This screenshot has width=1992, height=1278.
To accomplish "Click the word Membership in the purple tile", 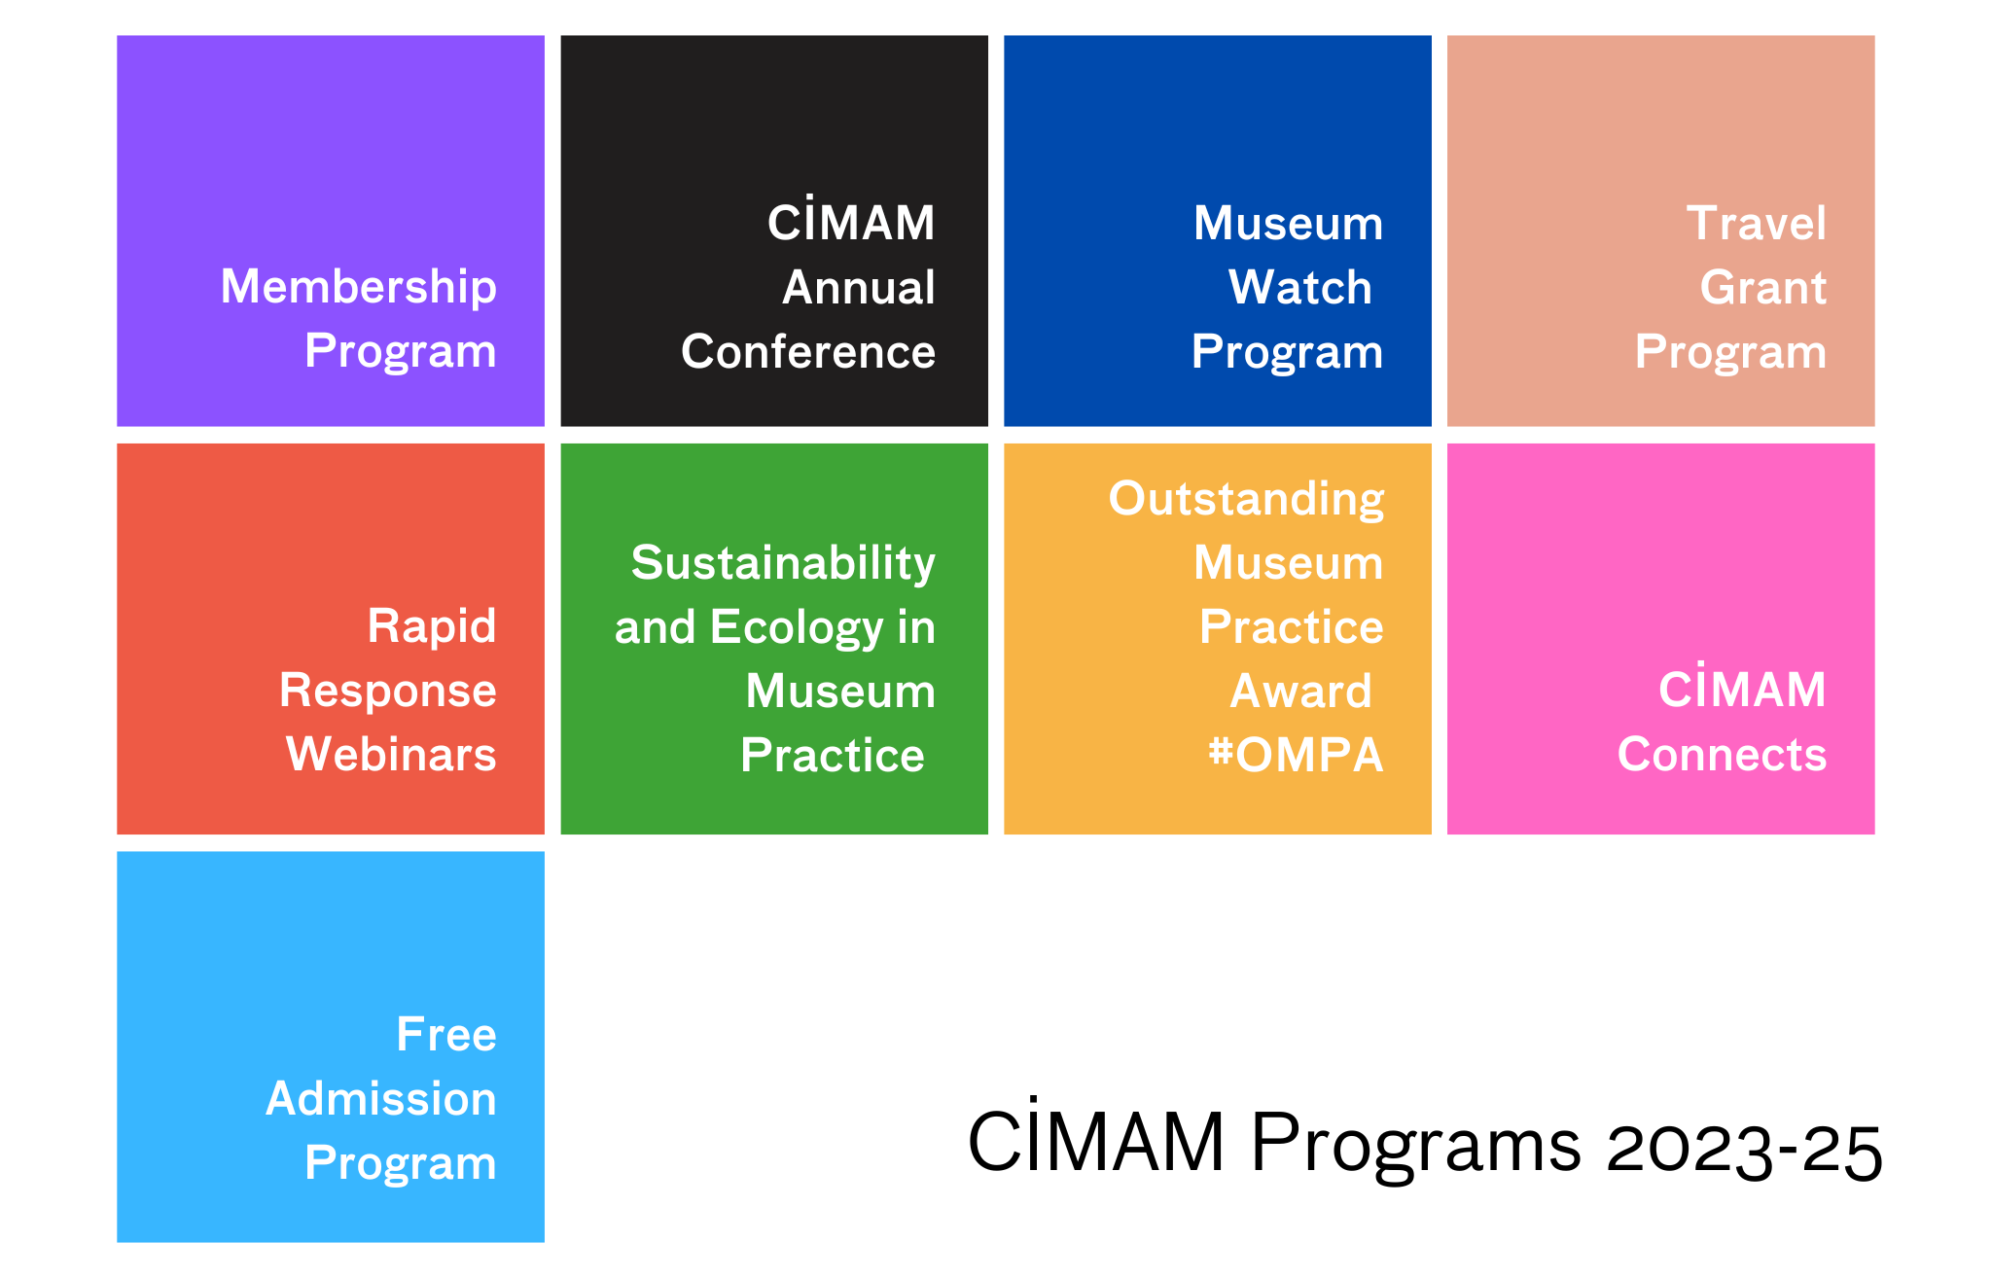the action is pyautogui.click(x=358, y=288).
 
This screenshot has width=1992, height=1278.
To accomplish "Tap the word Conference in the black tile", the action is pyautogui.click(x=808, y=351).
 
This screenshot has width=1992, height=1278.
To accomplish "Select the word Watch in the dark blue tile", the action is pyautogui.click(x=1300, y=287).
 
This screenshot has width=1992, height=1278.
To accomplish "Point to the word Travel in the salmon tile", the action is pyautogui.click(x=1757, y=223).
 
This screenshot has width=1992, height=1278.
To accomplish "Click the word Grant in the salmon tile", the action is pyautogui.click(x=1763, y=287).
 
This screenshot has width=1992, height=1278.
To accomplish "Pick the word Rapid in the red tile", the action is pyautogui.click(x=432, y=626).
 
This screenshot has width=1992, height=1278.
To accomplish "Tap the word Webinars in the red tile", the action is pyautogui.click(x=391, y=754).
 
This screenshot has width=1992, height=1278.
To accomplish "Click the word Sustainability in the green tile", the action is pyautogui.click(x=783, y=563).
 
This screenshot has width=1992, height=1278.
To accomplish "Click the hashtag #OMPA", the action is pyautogui.click(x=1296, y=755).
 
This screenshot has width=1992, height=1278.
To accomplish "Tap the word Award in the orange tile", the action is pyautogui.click(x=1301, y=691).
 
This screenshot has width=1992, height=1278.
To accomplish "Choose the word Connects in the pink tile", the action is pyautogui.click(x=1723, y=754).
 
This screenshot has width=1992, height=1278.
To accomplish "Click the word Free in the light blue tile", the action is pyautogui.click(x=446, y=1034).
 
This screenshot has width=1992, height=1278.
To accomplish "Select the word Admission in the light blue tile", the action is pyautogui.click(x=381, y=1098).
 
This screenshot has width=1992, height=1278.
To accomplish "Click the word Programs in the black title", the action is pyautogui.click(x=1416, y=1146).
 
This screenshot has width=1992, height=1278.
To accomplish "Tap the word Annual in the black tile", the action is pyautogui.click(x=859, y=287).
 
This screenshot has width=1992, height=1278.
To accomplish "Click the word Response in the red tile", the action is pyautogui.click(x=388, y=692).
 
